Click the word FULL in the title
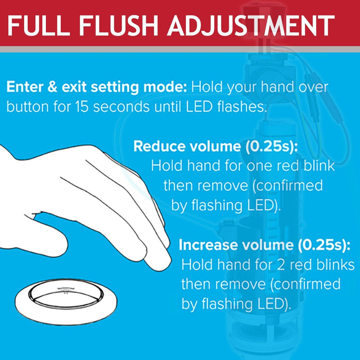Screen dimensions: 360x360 tap(39, 25)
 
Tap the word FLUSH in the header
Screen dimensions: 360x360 tap(118, 25)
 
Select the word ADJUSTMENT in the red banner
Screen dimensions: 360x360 tap(251, 25)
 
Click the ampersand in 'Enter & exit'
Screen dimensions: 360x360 tap(52, 87)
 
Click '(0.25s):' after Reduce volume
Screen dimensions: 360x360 tap(272, 147)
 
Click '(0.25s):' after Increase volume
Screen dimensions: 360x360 tap(324, 245)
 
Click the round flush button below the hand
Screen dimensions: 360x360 tap(66, 302)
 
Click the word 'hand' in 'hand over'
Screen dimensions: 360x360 tap(277, 87)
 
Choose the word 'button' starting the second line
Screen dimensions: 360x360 tap(28, 107)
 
